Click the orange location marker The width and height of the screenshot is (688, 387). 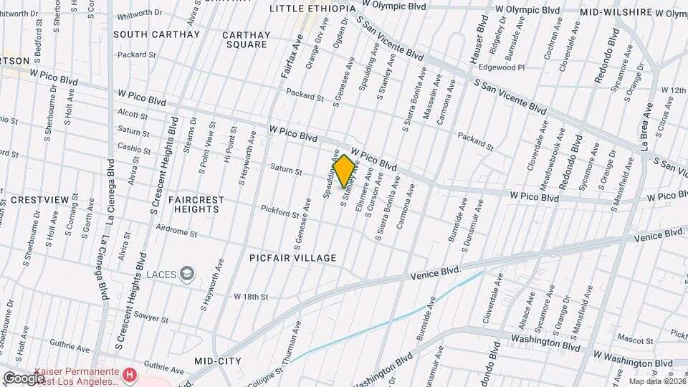(344, 171)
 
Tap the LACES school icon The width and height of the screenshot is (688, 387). (187, 273)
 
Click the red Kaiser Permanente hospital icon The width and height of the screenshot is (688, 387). (129, 374)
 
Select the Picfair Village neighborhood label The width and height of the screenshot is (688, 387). (293, 257)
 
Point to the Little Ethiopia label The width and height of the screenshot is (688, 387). (312, 8)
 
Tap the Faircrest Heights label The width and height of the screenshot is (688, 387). (196, 204)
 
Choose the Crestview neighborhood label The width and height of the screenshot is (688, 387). (26, 200)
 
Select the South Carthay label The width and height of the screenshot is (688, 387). (156, 34)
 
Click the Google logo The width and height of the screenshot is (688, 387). (24, 378)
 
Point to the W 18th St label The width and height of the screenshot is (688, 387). (250, 296)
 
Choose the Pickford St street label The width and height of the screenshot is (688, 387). (279, 213)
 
